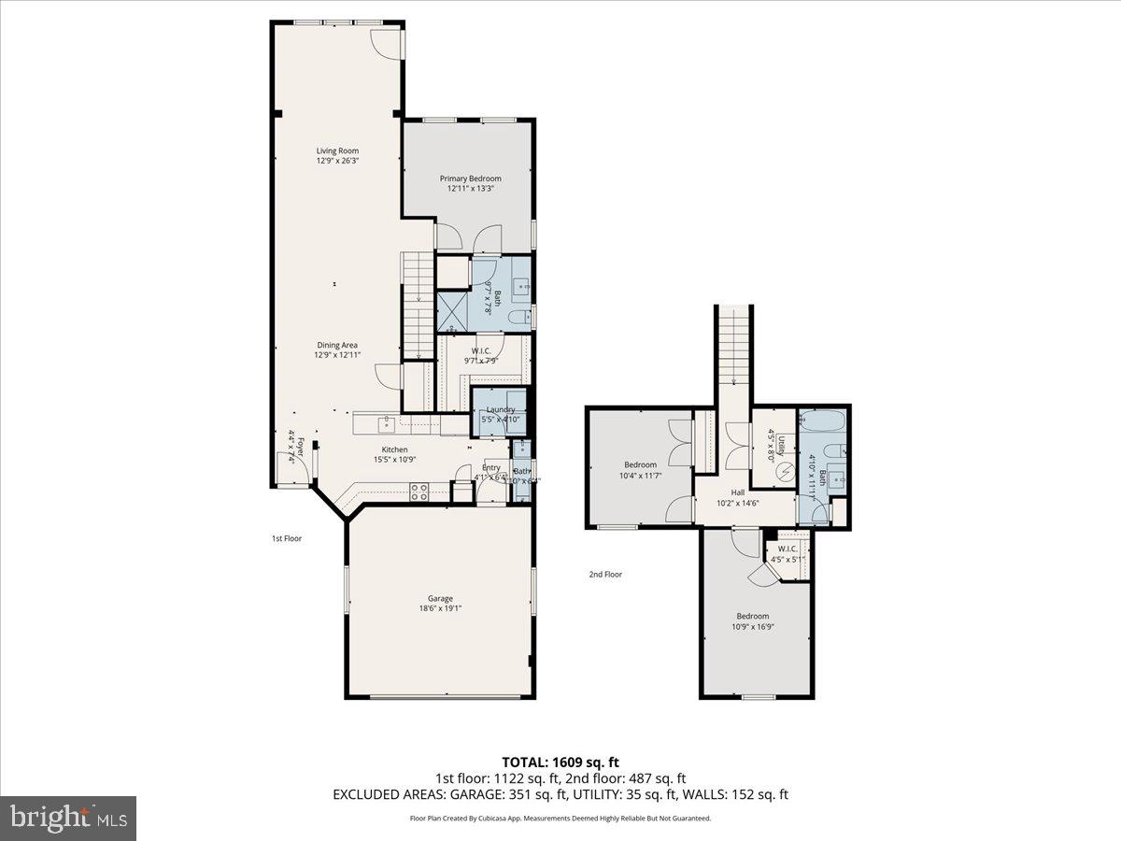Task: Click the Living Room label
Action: [x=336, y=150]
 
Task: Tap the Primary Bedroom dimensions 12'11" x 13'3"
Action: [x=470, y=189]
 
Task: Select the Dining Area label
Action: [x=336, y=345]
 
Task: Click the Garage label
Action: [x=440, y=598]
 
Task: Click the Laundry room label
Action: [x=499, y=409]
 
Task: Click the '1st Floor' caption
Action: [x=287, y=538]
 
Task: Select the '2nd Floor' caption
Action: [x=605, y=575]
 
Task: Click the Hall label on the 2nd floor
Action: [x=737, y=492]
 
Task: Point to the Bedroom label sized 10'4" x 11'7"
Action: [x=640, y=464]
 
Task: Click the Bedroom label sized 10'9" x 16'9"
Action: [x=752, y=616]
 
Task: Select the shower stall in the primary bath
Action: [x=454, y=310]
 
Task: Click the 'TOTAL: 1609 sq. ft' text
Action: [x=560, y=763]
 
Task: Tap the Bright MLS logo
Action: [x=68, y=818]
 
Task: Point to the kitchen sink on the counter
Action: [x=385, y=424]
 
